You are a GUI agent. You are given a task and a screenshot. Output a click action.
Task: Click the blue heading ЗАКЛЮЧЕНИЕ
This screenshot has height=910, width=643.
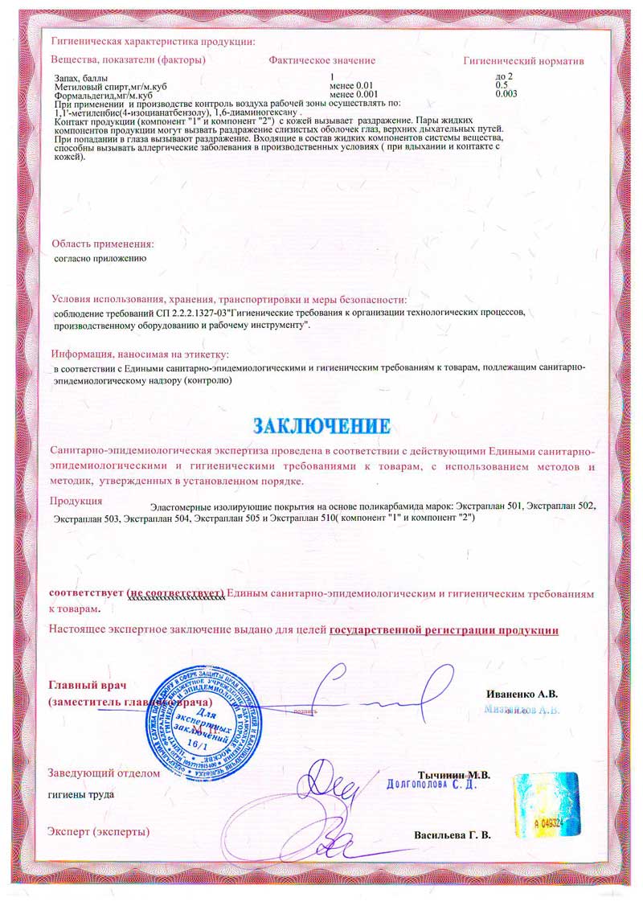pyautogui.click(x=322, y=424)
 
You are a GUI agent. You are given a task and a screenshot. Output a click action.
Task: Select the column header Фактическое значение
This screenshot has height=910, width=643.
pyautogui.click(x=322, y=61)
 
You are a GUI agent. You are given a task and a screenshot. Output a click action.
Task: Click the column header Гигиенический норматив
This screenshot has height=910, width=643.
pyautogui.click(x=523, y=61)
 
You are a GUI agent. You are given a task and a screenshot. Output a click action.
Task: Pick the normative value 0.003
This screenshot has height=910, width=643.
pyautogui.click(x=506, y=94)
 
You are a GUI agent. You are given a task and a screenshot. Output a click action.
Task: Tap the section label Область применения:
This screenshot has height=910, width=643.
pyautogui.click(x=102, y=244)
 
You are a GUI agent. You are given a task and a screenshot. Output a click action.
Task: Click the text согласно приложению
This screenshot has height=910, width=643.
pyautogui.click(x=99, y=259)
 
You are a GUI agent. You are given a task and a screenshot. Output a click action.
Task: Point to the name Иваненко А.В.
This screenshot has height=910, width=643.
pyautogui.click(x=522, y=693)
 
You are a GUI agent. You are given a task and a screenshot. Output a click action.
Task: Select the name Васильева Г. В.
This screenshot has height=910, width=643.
pyautogui.click(x=453, y=834)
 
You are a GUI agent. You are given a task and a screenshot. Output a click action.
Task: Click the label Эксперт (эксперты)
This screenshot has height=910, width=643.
pyautogui.click(x=99, y=830)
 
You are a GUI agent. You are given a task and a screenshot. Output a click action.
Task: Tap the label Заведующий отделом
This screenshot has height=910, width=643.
pyautogui.click(x=104, y=773)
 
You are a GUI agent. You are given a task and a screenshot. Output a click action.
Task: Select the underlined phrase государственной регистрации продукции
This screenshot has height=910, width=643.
pyautogui.click(x=444, y=629)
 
